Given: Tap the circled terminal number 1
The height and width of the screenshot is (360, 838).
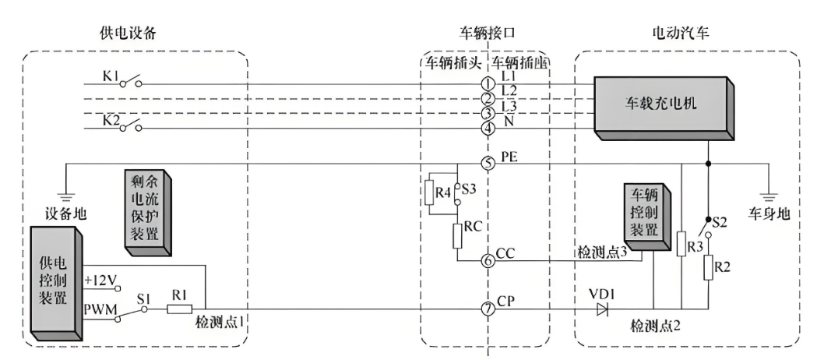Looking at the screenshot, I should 488,83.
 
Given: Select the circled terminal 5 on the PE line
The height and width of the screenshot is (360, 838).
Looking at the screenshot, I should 488,164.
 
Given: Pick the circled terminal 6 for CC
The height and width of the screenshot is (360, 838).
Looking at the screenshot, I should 488,260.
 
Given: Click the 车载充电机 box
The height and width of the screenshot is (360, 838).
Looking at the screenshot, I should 662,105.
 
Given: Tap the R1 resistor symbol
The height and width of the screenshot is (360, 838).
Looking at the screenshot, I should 179,309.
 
